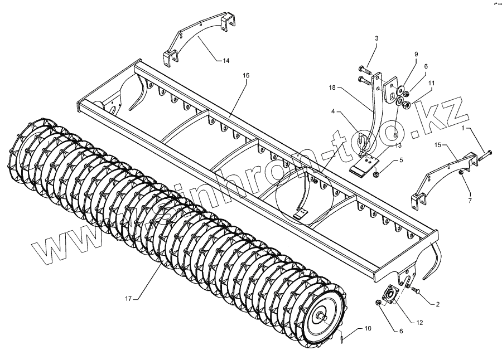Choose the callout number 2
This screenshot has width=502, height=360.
coord(438,304)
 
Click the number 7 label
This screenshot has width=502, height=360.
coord(470,199)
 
